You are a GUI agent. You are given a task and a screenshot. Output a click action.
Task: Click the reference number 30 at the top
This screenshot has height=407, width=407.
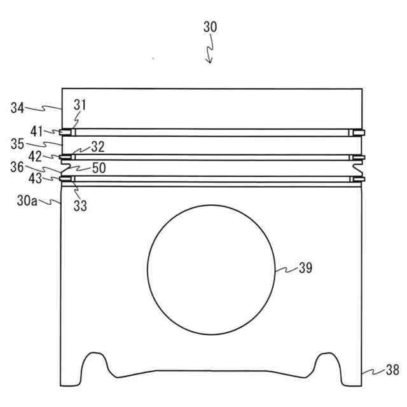tap(210, 27)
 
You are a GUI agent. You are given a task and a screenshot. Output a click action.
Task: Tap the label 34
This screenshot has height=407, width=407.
tap(17, 107)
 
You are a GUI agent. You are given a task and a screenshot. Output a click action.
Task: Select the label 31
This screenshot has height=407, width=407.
tap(79, 105)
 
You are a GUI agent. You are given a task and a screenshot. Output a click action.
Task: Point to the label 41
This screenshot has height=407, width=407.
tap(36, 132)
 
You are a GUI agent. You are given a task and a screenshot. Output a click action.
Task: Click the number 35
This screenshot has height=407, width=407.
tap(17, 144)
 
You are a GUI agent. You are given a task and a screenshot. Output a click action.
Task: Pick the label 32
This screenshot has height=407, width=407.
tap(98, 147)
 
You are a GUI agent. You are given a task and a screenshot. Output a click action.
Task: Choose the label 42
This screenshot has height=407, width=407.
tap(35, 157)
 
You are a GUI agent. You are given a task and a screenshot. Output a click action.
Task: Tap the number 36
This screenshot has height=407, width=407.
tap(17, 167)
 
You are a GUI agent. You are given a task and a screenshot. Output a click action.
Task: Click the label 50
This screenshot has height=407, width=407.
tap(99, 168)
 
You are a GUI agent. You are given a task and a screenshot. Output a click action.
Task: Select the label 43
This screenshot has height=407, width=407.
tap(35, 179)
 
